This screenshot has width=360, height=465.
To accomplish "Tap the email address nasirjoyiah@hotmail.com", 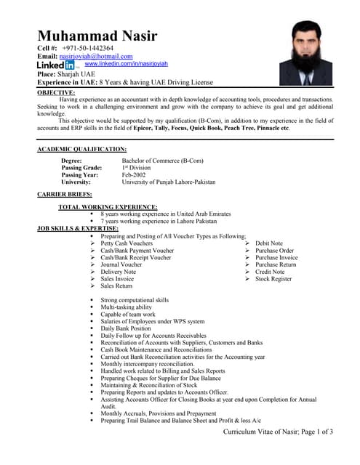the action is [96, 56].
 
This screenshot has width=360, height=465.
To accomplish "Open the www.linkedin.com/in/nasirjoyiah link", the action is [127, 65].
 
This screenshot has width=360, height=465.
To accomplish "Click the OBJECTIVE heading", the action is [55, 92].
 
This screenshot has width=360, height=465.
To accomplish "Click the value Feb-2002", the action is [134, 174].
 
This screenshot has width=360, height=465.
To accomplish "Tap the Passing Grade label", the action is [81, 167].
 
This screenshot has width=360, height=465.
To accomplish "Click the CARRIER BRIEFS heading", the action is [65, 195].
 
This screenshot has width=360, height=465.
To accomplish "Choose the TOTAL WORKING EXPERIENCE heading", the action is [108, 207].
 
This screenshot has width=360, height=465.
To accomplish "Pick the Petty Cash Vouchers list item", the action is [132, 243].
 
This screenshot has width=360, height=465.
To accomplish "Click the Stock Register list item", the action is [273, 279].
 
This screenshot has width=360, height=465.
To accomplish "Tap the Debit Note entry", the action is [268, 243].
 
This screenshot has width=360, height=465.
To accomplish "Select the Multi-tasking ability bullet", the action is [127, 307].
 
